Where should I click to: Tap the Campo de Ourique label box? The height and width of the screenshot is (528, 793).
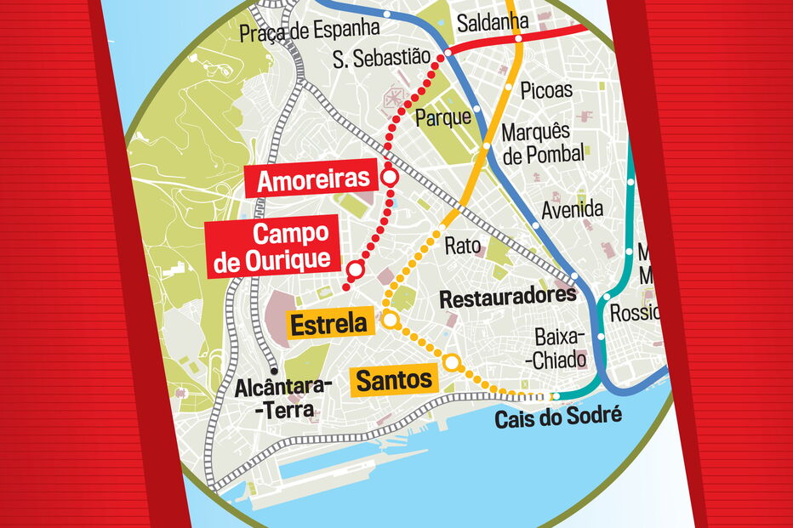tap(271, 247)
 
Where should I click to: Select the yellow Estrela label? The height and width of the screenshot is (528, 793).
tap(328, 324)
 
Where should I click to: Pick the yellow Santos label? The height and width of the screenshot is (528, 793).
tap(394, 380)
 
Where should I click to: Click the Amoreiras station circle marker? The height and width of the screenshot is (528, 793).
tap(390, 178)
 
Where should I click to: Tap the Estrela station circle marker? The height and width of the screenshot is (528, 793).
tap(391, 321)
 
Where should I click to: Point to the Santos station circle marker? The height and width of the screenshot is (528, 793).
tap(453, 363)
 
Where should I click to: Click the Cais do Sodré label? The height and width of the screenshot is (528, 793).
tap(559, 417)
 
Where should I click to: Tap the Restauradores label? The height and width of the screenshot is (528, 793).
tap(508, 298)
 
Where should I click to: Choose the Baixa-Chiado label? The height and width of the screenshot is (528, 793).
tap(559, 348)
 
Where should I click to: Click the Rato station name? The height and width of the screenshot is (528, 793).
tap(463, 247)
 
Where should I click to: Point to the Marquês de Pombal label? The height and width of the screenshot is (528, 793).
tap(543, 143)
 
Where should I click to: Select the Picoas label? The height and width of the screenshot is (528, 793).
tap(546, 89)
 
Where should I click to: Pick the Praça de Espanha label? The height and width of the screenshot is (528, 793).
tap(309, 30)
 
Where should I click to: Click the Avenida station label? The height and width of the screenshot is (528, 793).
tap(573, 208)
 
